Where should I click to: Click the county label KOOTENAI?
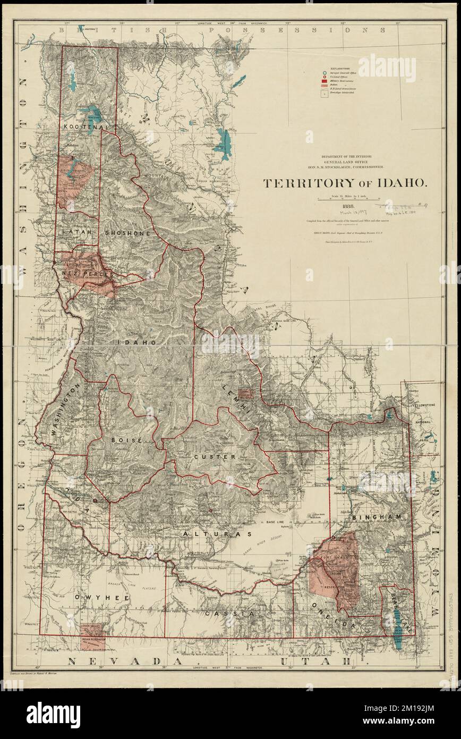coord(85,128)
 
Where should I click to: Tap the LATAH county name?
coord(76,232)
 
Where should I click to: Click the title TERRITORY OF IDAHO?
coord(344,182)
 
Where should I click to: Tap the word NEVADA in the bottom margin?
coord(104,661)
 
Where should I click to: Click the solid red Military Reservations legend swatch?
coord(323,80)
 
